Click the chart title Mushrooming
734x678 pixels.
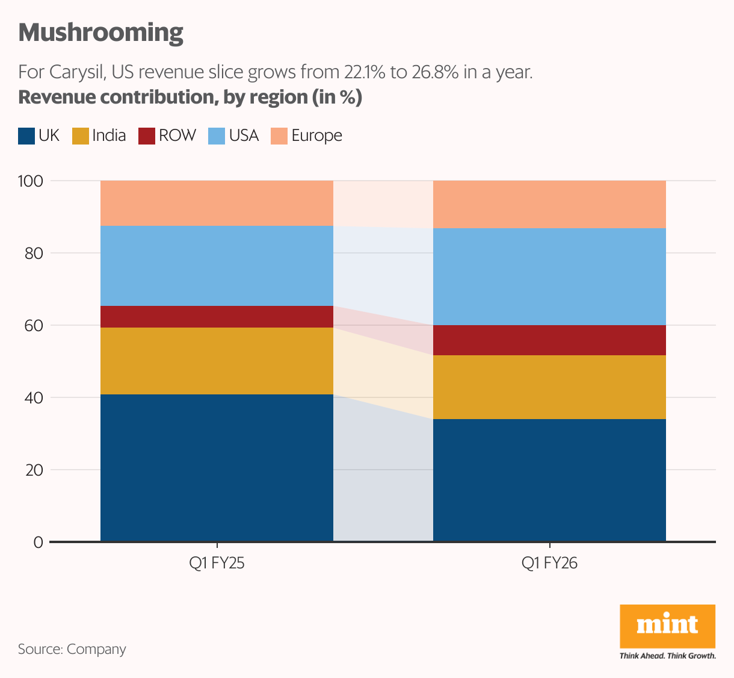(100, 33)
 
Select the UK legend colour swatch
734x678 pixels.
(26, 136)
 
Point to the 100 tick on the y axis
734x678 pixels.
(30, 181)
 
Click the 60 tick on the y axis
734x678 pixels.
(34, 325)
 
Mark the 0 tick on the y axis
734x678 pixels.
(38, 542)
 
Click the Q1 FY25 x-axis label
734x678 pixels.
(217, 564)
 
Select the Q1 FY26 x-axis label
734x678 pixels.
(549, 564)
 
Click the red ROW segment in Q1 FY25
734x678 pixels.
(217, 317)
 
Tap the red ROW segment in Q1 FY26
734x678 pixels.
(549, 340)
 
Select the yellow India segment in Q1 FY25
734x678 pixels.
(217, 361)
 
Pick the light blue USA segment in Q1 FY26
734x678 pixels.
(549, 276)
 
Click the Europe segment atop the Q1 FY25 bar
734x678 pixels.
(217, 203)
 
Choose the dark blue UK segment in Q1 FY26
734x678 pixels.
(549, 480)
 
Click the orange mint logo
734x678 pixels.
(667, 626)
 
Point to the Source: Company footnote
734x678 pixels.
(72, 649)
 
